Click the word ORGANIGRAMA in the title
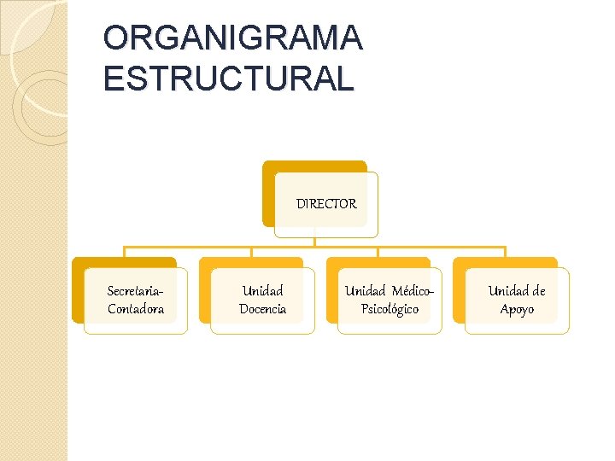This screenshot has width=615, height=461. click(232, 38)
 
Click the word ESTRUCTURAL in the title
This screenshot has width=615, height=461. click(227, 79)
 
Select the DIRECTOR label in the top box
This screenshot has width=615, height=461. click(326, 204)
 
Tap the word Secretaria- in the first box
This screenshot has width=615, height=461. click(135, 291)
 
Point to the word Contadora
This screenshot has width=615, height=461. click(135, 309)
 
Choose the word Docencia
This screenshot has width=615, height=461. click(262, 309)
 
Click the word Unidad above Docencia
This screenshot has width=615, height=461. click(262, 291)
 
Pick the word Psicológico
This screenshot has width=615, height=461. click(389, 309)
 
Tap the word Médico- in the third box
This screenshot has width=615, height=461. click(414, 291)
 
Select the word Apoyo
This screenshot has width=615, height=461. click(517, 309)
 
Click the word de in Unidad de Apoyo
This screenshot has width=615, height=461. click(537, 291)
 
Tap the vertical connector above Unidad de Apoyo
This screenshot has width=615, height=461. click(505, 253)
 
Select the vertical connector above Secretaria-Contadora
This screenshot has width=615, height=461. click(124, 253)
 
